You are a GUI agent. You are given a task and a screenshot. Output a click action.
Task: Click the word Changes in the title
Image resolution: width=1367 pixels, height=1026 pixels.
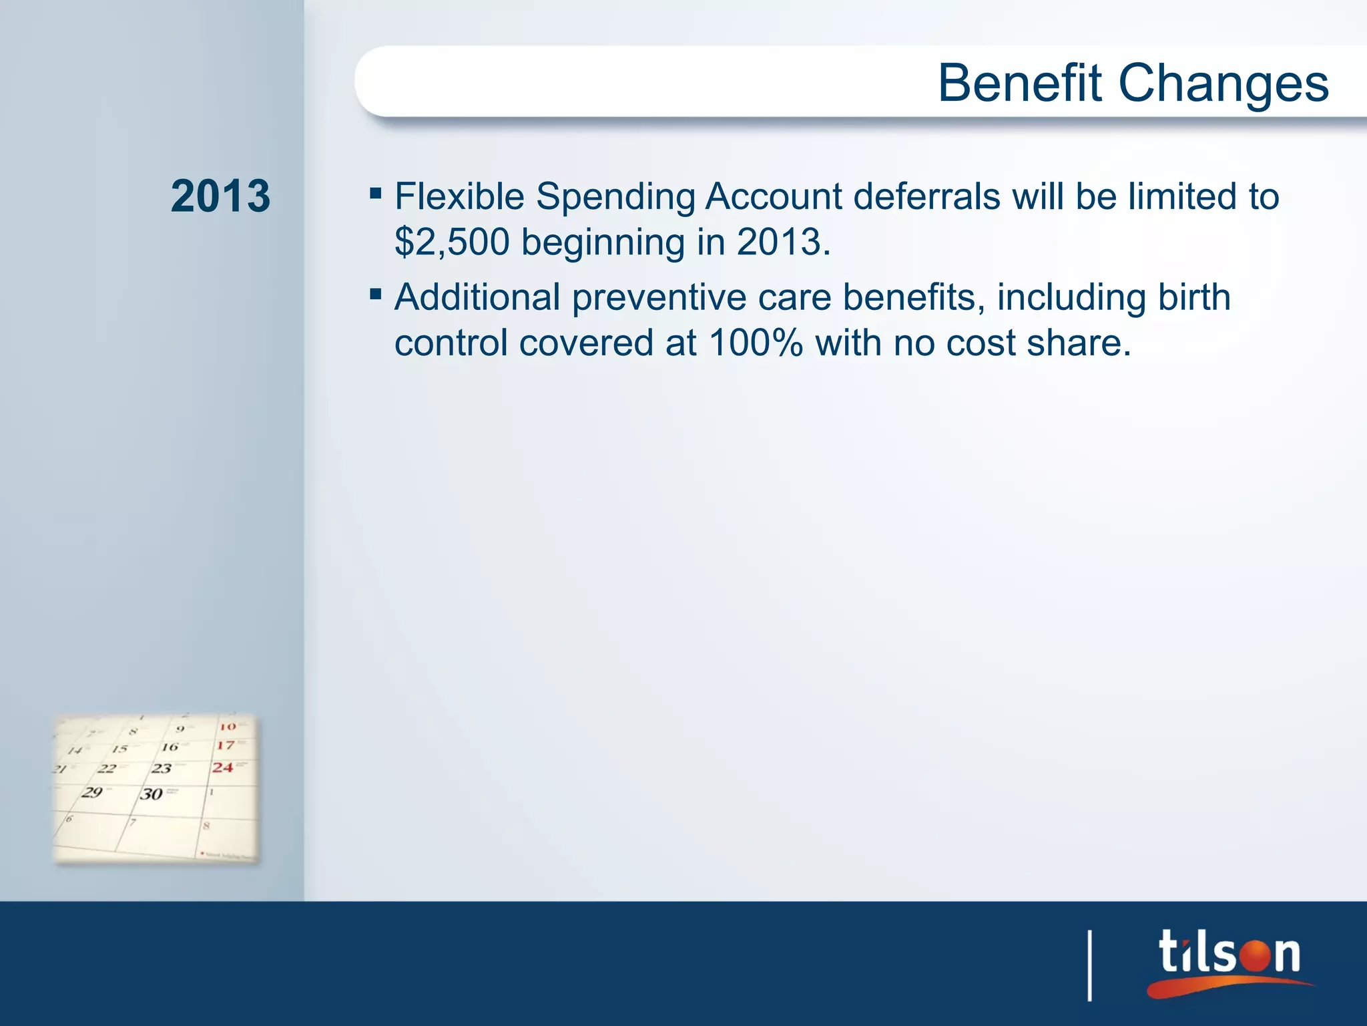pyautogui.click(x=1223, y=84)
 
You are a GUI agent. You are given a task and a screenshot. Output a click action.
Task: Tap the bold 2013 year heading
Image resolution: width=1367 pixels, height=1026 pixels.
pyautogui.click(x=220, y=196)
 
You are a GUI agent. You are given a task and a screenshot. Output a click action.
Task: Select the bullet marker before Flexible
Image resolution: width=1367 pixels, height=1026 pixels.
pyautogui.click(x=376, y=194)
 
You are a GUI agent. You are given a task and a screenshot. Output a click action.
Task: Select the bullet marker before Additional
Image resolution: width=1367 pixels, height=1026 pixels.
pyautogui.click(x=376, y=294)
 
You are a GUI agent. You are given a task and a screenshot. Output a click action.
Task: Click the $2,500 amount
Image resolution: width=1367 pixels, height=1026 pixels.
pyautogui.click(x=452, y=242)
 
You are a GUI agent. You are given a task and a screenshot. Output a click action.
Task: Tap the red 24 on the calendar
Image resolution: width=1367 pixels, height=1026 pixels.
pyautogui.click(x=223, y=767)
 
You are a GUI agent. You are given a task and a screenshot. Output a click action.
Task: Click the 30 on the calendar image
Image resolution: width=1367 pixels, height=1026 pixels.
pyautogui.click(x=152, y=794)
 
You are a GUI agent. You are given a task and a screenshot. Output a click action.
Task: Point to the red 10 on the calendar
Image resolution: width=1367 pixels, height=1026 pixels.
pyautogui.click(x=228, y=726)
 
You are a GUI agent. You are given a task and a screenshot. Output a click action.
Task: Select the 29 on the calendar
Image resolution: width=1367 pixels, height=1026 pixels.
pyautogui.click(x=92, y=793)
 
